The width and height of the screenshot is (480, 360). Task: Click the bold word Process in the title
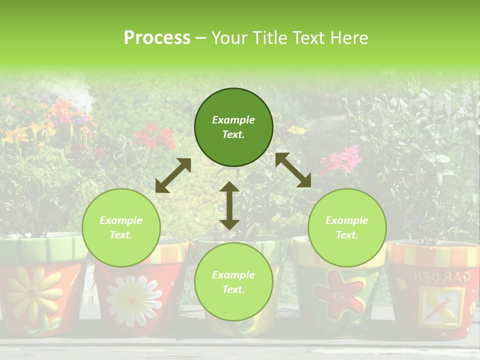point(157,38)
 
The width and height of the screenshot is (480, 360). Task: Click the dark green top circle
point(233,127)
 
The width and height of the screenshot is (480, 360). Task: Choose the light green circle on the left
point(121,227)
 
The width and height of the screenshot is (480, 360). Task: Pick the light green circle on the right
point(347,227)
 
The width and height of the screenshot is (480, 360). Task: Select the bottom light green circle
point(233,282)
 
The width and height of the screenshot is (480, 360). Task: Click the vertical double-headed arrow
point(229,205)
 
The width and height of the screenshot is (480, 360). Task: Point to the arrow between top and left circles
point(173,175)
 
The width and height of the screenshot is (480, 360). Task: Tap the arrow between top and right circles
point(293,170)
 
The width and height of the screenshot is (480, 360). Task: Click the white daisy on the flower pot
point(131,300)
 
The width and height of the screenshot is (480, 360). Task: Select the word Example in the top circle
point(233,120)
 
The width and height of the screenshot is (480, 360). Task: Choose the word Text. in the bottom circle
point(233,289)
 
